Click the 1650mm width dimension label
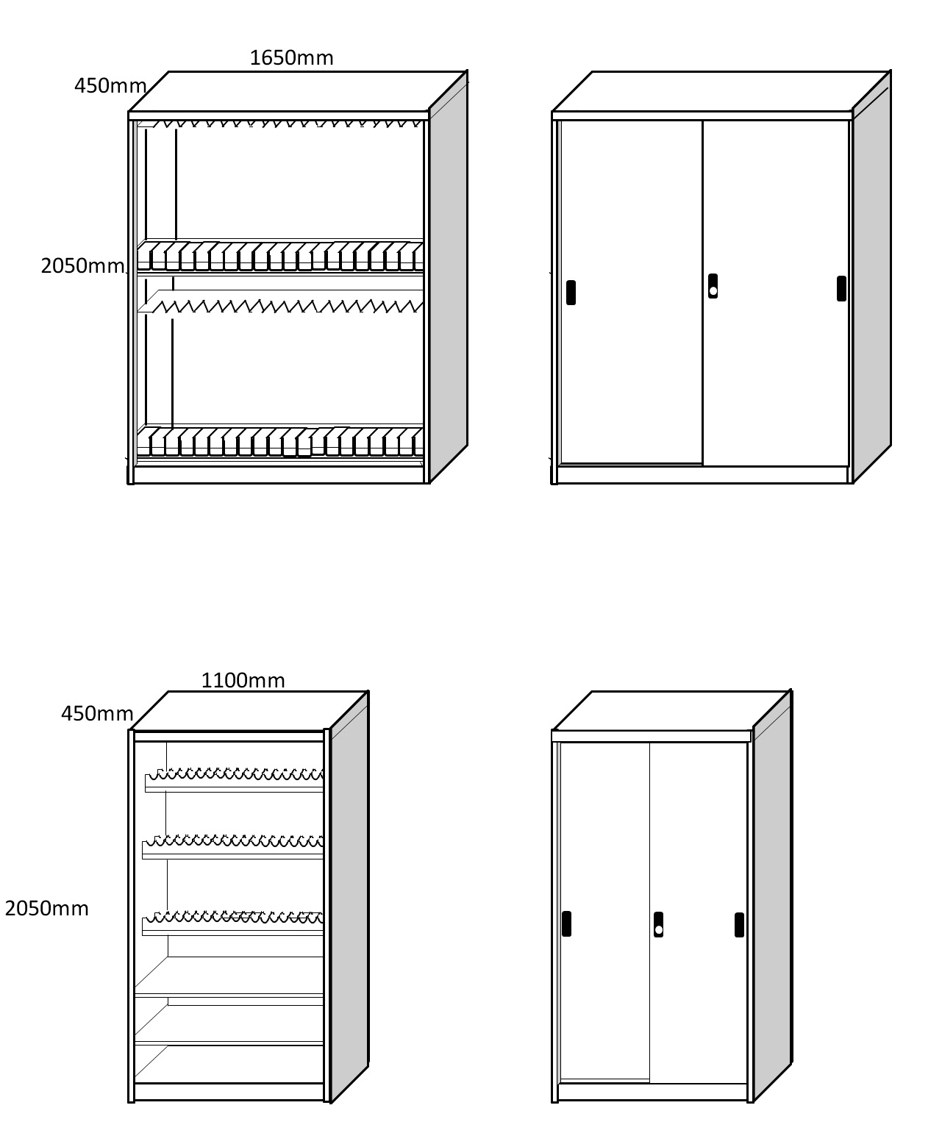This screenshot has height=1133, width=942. (x=291, y=57)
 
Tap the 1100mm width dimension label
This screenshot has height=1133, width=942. (x=243, y=680)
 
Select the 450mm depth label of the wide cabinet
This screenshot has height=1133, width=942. (x=110, y=86)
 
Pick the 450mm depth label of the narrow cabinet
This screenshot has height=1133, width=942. (x=96, y=713)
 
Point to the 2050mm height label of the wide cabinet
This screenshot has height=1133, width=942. (x=82, y=265)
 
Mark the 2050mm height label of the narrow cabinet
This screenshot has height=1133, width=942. (x=46, y=909)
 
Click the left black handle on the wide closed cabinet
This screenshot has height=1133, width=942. (x=571, y=292)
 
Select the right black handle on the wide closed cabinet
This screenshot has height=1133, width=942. (x=841, y=288)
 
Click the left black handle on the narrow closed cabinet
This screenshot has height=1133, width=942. (x=566, y=923)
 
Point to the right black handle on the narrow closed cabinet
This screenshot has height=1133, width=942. (x=739, y=924)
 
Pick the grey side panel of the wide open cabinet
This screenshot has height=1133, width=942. (x=448, y=279)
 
